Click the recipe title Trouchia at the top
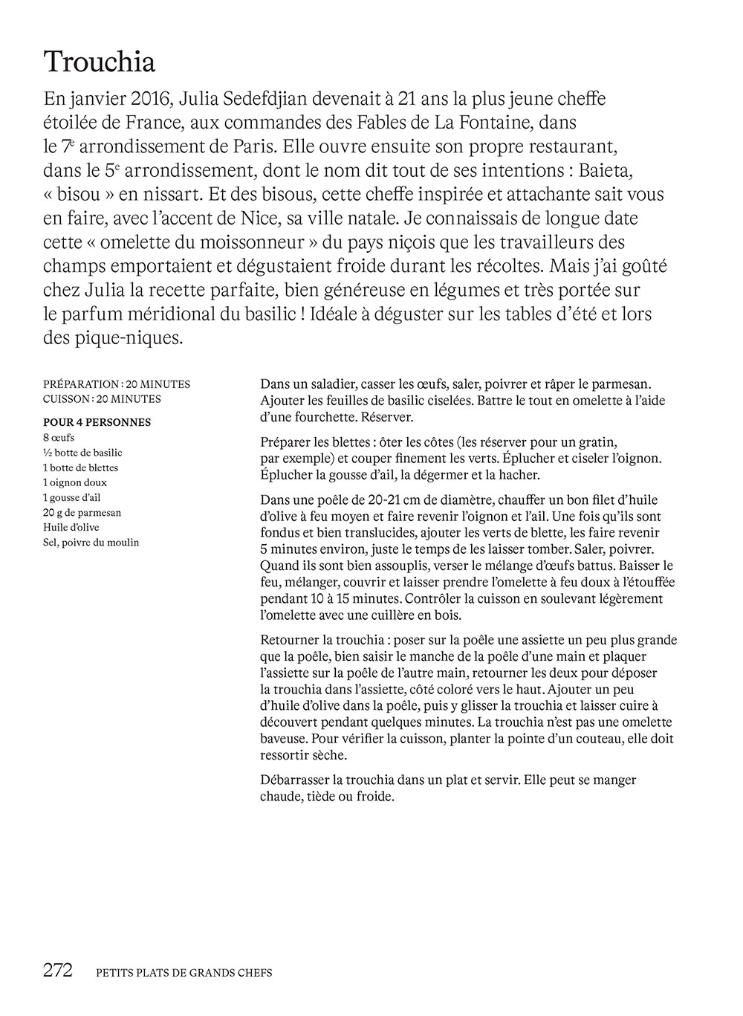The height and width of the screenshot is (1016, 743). point(100,62)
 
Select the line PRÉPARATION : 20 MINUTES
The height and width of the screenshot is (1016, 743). point(117,384)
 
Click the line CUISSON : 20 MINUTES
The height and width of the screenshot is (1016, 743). point(102,399)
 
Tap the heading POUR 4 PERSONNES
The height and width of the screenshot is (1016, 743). point(97,422)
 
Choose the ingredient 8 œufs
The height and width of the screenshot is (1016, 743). point(59,438)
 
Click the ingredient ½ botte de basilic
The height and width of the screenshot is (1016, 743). point(82,453)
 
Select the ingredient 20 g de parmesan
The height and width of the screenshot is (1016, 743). point(82,513)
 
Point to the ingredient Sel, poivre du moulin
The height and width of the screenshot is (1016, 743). point(91,543)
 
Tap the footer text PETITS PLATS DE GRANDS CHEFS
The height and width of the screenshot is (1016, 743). point(184,972)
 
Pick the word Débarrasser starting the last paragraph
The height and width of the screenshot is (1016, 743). point(296,780)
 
